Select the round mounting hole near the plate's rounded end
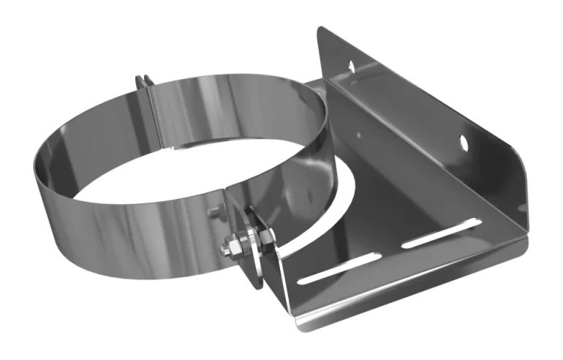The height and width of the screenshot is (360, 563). coord(464,141)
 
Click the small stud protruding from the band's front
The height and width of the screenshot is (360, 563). coord(211,214)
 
